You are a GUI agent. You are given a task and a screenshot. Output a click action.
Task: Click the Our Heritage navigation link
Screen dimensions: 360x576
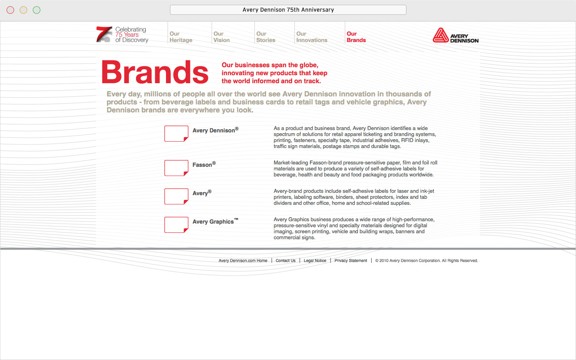(181, 37)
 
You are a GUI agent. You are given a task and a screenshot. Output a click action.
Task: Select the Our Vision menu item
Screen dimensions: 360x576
(222, 37)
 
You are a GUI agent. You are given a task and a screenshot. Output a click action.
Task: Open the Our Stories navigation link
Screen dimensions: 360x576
(266, 37)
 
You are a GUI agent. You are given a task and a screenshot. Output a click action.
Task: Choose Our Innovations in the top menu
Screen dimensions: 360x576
(312, 37)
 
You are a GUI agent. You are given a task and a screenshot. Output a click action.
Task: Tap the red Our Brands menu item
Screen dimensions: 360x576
(356, 37)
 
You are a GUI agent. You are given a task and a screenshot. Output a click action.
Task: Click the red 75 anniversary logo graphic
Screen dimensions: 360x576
(104, 34)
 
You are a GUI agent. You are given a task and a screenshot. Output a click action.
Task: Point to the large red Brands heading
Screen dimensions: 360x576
(155, 72)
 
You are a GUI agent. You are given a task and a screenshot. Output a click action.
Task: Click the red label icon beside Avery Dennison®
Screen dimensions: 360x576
(176, 134)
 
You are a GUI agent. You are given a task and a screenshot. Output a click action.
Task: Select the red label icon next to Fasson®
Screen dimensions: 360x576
(176, 168)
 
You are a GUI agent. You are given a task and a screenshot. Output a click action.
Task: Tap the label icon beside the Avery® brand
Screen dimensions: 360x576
(176, 196)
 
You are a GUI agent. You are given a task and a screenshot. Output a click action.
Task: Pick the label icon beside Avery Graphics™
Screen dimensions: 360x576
(176, 225)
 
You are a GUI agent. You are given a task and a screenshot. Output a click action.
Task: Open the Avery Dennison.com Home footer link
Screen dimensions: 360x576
(243, 261)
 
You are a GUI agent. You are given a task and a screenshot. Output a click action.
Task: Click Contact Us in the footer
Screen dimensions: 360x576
(286, 261)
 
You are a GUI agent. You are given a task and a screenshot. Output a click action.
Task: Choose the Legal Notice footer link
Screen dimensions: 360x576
(315, 261)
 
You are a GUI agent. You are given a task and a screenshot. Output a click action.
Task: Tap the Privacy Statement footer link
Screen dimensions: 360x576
(350, 261)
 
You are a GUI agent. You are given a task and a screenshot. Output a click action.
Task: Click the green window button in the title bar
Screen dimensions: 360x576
(37, 10)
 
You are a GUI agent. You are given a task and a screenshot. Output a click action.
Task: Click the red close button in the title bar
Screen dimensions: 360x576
(10, 10)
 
